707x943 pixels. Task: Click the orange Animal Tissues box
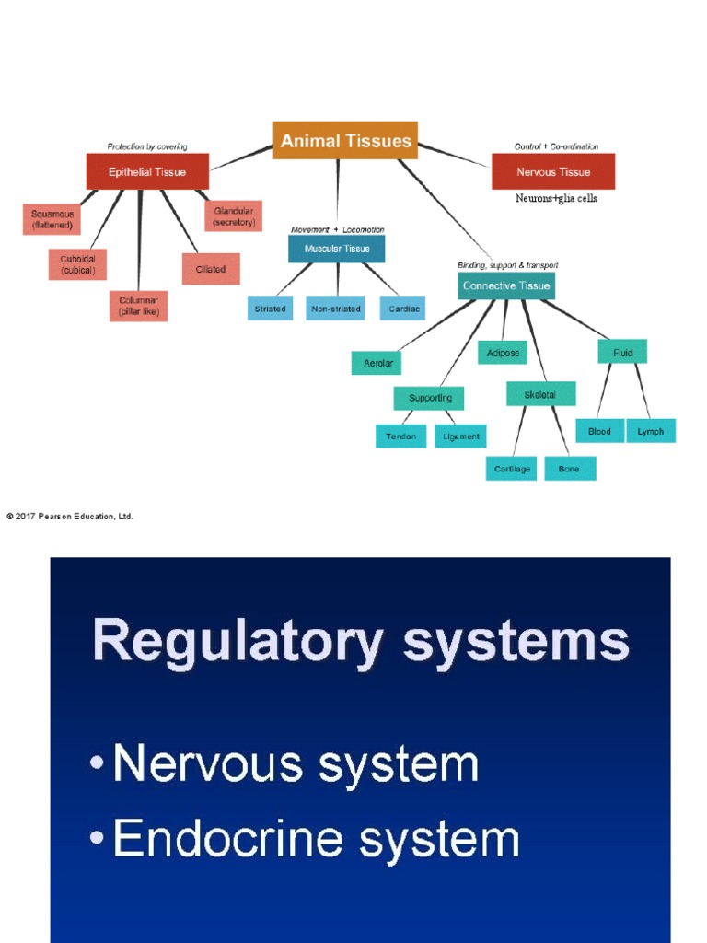[345, 141]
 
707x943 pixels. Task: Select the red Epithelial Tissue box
[147, 172]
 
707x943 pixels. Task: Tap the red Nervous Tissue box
[552, 172]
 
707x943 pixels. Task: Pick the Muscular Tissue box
[336, 249]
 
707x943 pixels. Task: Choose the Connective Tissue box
[506, 285]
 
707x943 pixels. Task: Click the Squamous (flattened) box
[52, 219]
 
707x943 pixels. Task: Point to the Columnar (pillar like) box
[138, 306]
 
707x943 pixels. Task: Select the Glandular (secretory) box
[233, 216]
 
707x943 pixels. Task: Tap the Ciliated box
[211, 269]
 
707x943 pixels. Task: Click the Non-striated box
[335, 309]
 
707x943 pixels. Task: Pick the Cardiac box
[402, 309]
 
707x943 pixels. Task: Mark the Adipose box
[502, 353]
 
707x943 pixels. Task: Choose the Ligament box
[460, 437]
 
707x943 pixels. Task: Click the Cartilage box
[512, 469]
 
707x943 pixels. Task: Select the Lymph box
[650, 431]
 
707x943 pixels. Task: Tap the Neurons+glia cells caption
[556, 198]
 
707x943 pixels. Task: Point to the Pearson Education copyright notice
[70, 517]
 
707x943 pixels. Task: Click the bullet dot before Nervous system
[98, 766]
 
